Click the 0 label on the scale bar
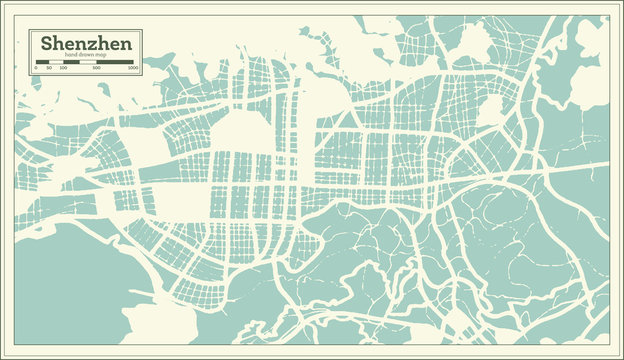point(36,68)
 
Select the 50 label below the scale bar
point(49,68)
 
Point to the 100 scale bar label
point(63,68)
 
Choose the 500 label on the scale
point(96,68)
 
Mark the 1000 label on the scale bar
point(132,68)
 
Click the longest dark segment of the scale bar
point(115,62)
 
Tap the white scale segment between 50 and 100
point(56,62)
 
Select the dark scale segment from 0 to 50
point(42,62)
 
